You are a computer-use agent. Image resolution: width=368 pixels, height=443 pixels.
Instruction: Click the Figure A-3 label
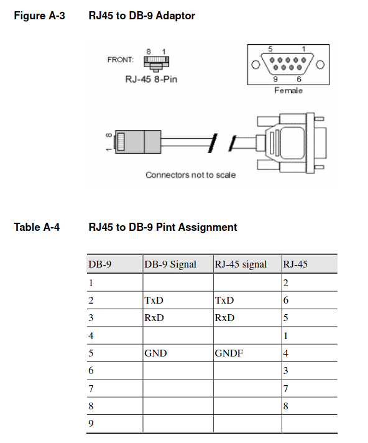[40, 16]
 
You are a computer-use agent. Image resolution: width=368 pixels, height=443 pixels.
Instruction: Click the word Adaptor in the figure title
[175, 16]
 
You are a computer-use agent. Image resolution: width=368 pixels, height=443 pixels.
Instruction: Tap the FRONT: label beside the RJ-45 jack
[121, 60]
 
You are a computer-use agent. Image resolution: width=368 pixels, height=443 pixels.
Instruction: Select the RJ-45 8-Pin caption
[151, 79]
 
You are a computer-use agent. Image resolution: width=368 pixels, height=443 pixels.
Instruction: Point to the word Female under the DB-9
[288, 90]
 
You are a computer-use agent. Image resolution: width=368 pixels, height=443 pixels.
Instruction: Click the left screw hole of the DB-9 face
[255, 65]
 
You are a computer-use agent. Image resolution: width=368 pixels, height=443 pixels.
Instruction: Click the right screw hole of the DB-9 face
[320, 65]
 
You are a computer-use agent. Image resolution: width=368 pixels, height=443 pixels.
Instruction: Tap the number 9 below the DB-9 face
[275, 79]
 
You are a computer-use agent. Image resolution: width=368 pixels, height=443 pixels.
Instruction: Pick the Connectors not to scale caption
[190, 175]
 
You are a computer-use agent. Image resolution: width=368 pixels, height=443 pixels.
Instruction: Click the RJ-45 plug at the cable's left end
[138, 142]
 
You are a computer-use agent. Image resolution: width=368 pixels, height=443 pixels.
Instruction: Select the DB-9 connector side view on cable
[292, 143]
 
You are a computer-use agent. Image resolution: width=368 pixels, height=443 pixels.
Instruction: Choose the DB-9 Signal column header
[170, 264]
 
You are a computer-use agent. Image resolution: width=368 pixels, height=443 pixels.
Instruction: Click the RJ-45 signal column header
[241, 264]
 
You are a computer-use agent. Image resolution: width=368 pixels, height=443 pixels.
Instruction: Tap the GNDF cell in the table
[229, 353]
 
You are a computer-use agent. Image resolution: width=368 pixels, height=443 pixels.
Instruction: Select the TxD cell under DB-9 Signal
[154, 300]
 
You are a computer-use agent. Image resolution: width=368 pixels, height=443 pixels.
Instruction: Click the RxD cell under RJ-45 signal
[224, 318]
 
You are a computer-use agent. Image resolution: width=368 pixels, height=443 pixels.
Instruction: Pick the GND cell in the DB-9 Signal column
[155, 353]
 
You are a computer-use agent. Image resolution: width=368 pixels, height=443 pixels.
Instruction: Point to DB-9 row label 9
[91, 423]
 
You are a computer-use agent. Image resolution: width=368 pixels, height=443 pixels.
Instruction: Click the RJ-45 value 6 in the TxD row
[286, 300]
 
